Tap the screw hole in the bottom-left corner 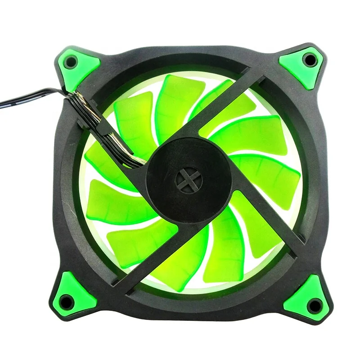click(x=66, y=300)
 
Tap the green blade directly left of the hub click(x=112, y=198)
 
